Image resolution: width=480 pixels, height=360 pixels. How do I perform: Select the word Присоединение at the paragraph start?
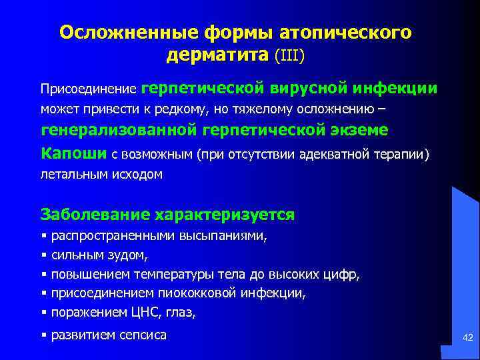[x=89, y=89]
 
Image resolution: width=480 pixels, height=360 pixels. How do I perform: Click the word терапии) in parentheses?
[x=407, y=155]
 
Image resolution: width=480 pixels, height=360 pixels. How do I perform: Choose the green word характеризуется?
[x=225, y=215]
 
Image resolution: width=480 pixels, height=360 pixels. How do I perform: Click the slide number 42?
[x=467, y=340]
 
